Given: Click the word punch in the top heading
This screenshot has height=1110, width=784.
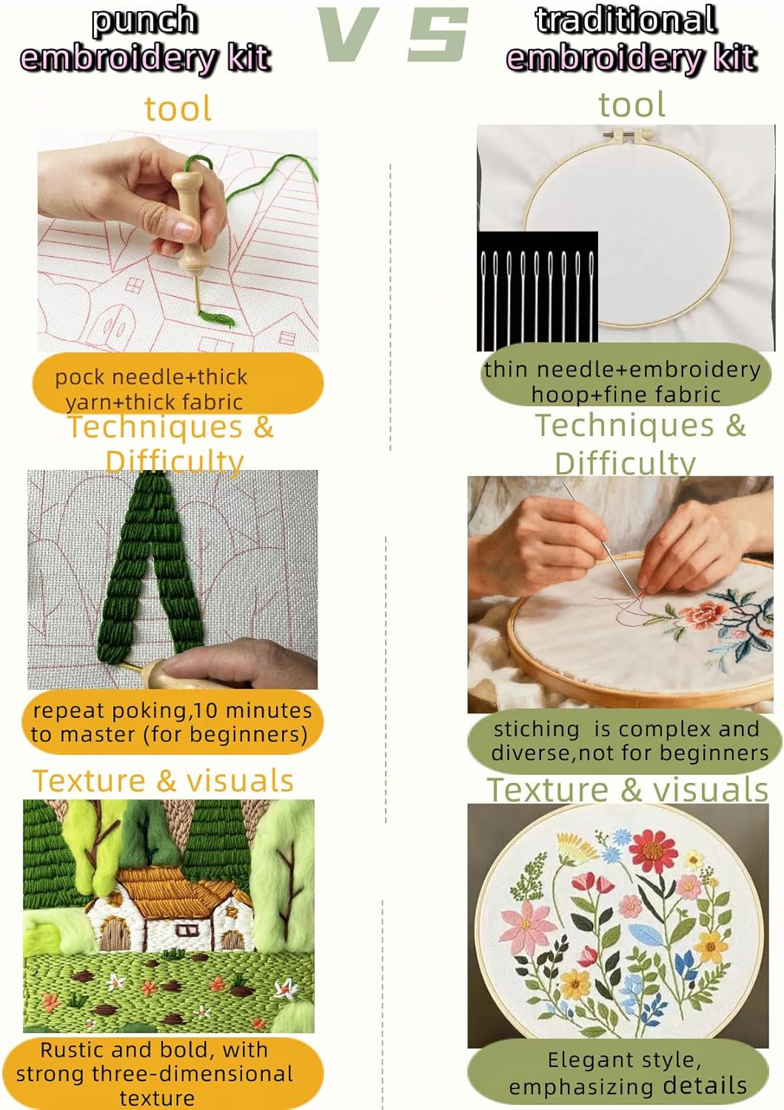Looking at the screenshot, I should pos(144,21).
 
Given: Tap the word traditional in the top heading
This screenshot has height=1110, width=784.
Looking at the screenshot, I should pos(626,19).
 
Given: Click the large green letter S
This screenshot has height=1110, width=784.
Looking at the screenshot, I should pos(438,34).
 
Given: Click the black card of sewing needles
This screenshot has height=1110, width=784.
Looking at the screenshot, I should pos(537,290).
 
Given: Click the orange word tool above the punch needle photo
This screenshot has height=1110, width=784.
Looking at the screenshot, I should pos(178,109).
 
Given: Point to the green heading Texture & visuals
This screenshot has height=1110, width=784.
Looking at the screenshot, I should pos(628,790).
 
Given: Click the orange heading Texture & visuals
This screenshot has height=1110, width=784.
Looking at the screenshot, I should pos(163,781).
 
